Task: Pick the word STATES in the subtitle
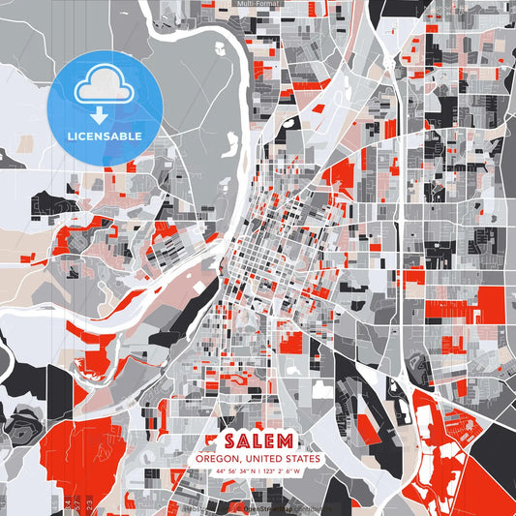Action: [304, 459]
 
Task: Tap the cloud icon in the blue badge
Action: [104, 85]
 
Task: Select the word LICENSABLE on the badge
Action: [104, 137]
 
